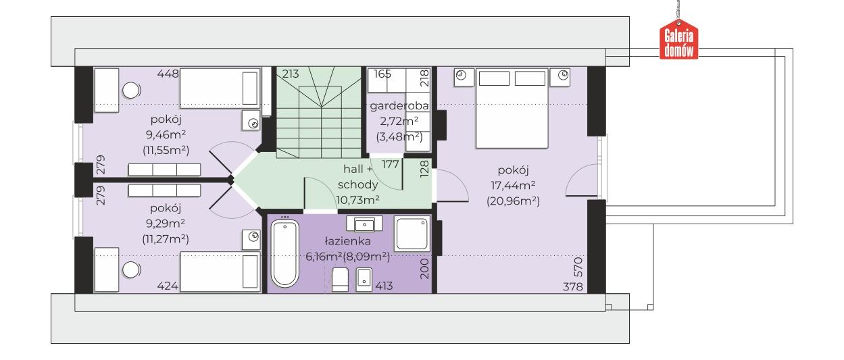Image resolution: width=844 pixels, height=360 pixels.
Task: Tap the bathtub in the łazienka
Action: coord(285,253)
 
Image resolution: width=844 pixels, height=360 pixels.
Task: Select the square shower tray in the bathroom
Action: coord(412,234)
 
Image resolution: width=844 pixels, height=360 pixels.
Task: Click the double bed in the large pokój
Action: coord(512,109)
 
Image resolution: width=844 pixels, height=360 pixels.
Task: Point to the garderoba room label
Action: coord(399,106)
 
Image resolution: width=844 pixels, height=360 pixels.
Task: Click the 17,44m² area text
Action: coord(513,185)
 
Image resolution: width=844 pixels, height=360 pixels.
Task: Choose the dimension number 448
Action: coord(168,74)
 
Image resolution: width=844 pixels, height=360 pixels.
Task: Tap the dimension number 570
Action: coord(578,267)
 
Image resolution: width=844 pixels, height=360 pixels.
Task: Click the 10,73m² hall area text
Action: coord(357,200)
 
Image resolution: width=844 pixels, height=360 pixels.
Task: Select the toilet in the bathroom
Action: coord(340,280)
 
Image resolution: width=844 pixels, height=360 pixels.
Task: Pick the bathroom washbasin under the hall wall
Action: coord(364,224)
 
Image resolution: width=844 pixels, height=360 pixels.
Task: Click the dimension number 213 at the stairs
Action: coord(290,74)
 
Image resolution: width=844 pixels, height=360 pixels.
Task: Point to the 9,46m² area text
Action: coord(166,134)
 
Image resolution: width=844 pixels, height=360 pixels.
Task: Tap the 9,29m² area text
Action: coord(166,224)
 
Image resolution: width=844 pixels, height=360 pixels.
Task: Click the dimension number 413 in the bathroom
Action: coord(384,286)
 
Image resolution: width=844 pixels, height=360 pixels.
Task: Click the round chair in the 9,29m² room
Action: coord(130,270)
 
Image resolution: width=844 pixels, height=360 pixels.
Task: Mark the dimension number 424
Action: coord(168,286)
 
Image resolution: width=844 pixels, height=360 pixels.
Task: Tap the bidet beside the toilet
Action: coord(364,280)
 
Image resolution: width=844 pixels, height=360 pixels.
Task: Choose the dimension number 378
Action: coord(573,287)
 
